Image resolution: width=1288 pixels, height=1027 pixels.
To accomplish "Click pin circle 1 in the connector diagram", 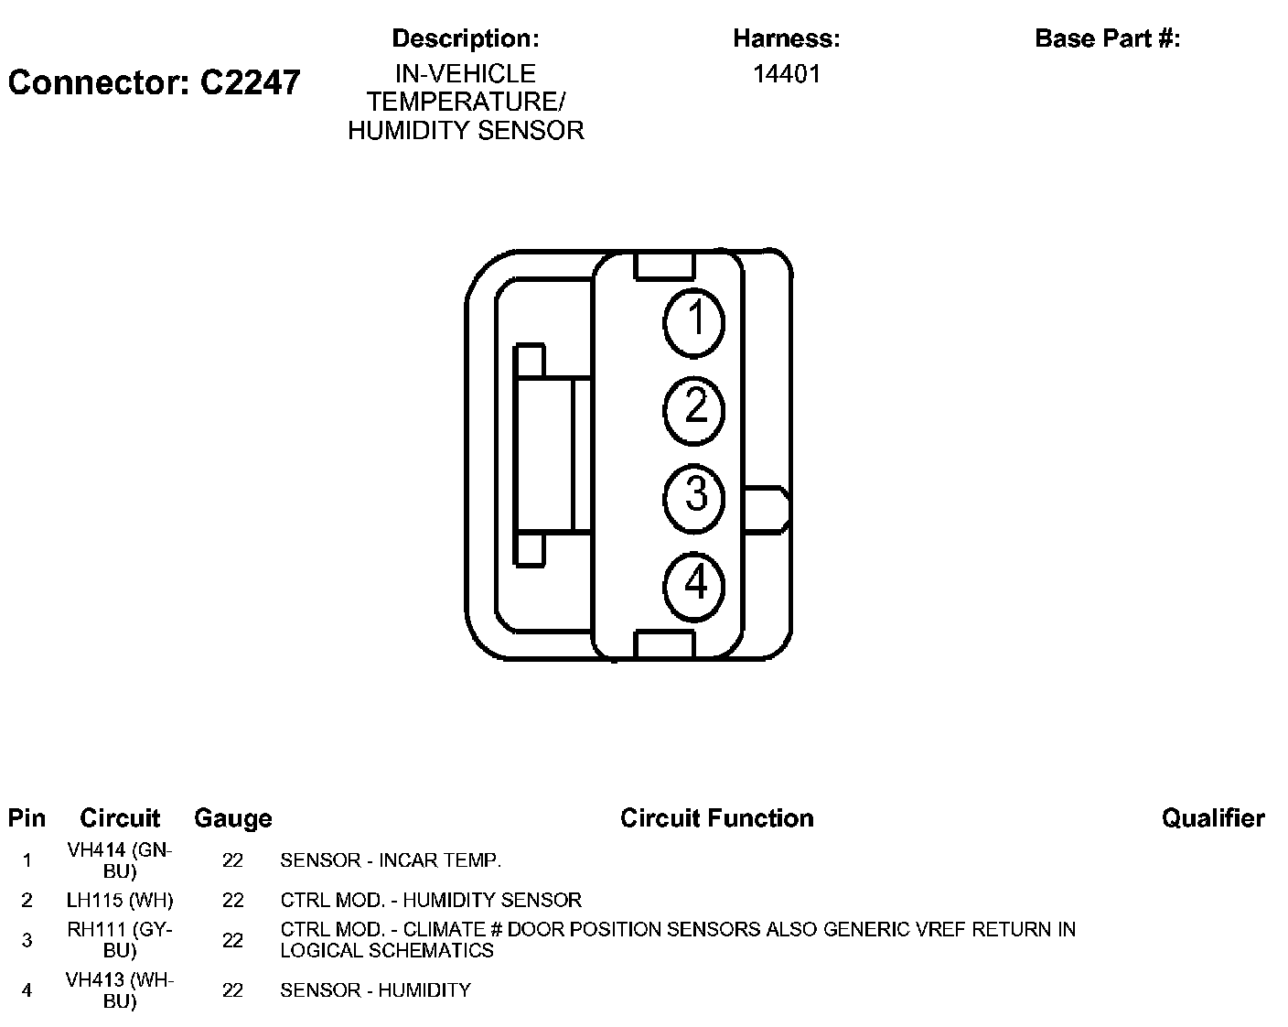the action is (694, 321).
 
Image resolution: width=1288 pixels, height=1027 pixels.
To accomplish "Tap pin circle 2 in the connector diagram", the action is (694, 408).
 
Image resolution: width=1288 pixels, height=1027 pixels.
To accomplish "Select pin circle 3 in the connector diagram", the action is (694, 496).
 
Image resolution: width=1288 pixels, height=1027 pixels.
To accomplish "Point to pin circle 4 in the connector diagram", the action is (694, 582).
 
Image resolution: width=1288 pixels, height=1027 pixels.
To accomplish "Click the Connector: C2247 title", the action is (154, 82).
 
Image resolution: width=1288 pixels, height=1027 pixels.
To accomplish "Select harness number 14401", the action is (786, 74).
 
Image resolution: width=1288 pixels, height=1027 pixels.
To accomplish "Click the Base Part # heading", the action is (1107, 38).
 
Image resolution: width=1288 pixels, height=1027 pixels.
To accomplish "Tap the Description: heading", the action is (465, 38).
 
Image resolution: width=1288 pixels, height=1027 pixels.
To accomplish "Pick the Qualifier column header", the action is (1213, 818).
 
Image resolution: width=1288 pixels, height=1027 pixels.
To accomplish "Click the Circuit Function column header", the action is (716, 818).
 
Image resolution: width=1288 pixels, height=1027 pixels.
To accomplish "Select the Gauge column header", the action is (232, 818).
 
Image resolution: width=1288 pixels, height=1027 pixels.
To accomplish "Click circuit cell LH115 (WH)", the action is (120, 901).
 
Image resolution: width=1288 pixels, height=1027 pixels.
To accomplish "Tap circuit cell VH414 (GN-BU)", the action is (120, 860).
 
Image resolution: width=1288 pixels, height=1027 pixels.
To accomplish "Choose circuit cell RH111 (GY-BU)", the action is (120, 940).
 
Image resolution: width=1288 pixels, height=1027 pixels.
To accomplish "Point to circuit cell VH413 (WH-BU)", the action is (120, 990).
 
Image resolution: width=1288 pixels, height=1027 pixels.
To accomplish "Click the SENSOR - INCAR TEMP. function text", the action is (391, 860).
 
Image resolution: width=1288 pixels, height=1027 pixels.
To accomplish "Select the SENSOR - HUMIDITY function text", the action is (375, 990).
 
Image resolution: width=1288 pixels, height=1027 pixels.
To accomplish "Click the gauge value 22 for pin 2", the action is (232, 901).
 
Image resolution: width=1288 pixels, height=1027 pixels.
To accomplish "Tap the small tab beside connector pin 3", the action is (767, 509).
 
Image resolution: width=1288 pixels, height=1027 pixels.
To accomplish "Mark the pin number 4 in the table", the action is (27, 990).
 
